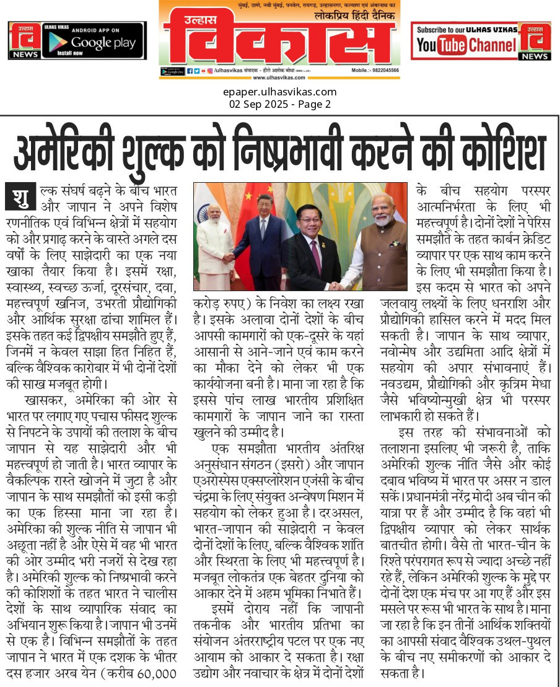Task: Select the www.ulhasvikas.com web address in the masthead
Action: pos(279,77)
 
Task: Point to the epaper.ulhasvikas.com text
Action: pos(280,92)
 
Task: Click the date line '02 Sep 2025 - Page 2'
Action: pos(280,104)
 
